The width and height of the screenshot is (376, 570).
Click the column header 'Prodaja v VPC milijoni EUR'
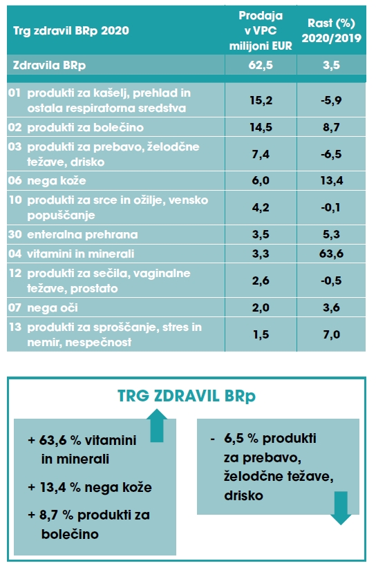[x=261, y=30]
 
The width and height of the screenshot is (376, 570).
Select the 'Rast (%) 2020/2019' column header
[x=331, y=30]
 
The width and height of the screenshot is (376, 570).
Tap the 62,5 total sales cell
[x=261, y=65]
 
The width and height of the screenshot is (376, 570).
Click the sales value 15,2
[x=261, y=100]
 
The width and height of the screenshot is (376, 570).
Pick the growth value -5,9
[x=331, y=100]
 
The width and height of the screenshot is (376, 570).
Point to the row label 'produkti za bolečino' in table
[x=86, y=127]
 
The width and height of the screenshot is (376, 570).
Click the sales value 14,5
[x=261, y=127]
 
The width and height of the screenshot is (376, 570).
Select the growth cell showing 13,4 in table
[x=331, y=180]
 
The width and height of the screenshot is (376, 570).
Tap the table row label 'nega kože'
[x=57, y=180]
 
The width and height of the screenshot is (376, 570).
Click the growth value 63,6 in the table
[x=331, y=254]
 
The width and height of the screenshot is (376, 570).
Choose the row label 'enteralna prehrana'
[x=82, y=234]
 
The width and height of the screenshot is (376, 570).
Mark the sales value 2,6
[x=261, y=281]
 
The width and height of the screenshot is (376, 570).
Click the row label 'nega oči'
[x=53, y=308]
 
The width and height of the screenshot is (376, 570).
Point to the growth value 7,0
[x=331, y=334]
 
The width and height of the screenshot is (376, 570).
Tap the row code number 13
[x=15, y=327]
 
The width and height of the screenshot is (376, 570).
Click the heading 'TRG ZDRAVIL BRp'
[x=187, y=396]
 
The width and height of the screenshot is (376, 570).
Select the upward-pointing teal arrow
[x=157, y=426]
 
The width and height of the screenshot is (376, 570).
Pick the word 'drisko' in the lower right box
[x=243, y=495]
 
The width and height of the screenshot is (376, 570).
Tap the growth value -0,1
[x=331, y=207]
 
